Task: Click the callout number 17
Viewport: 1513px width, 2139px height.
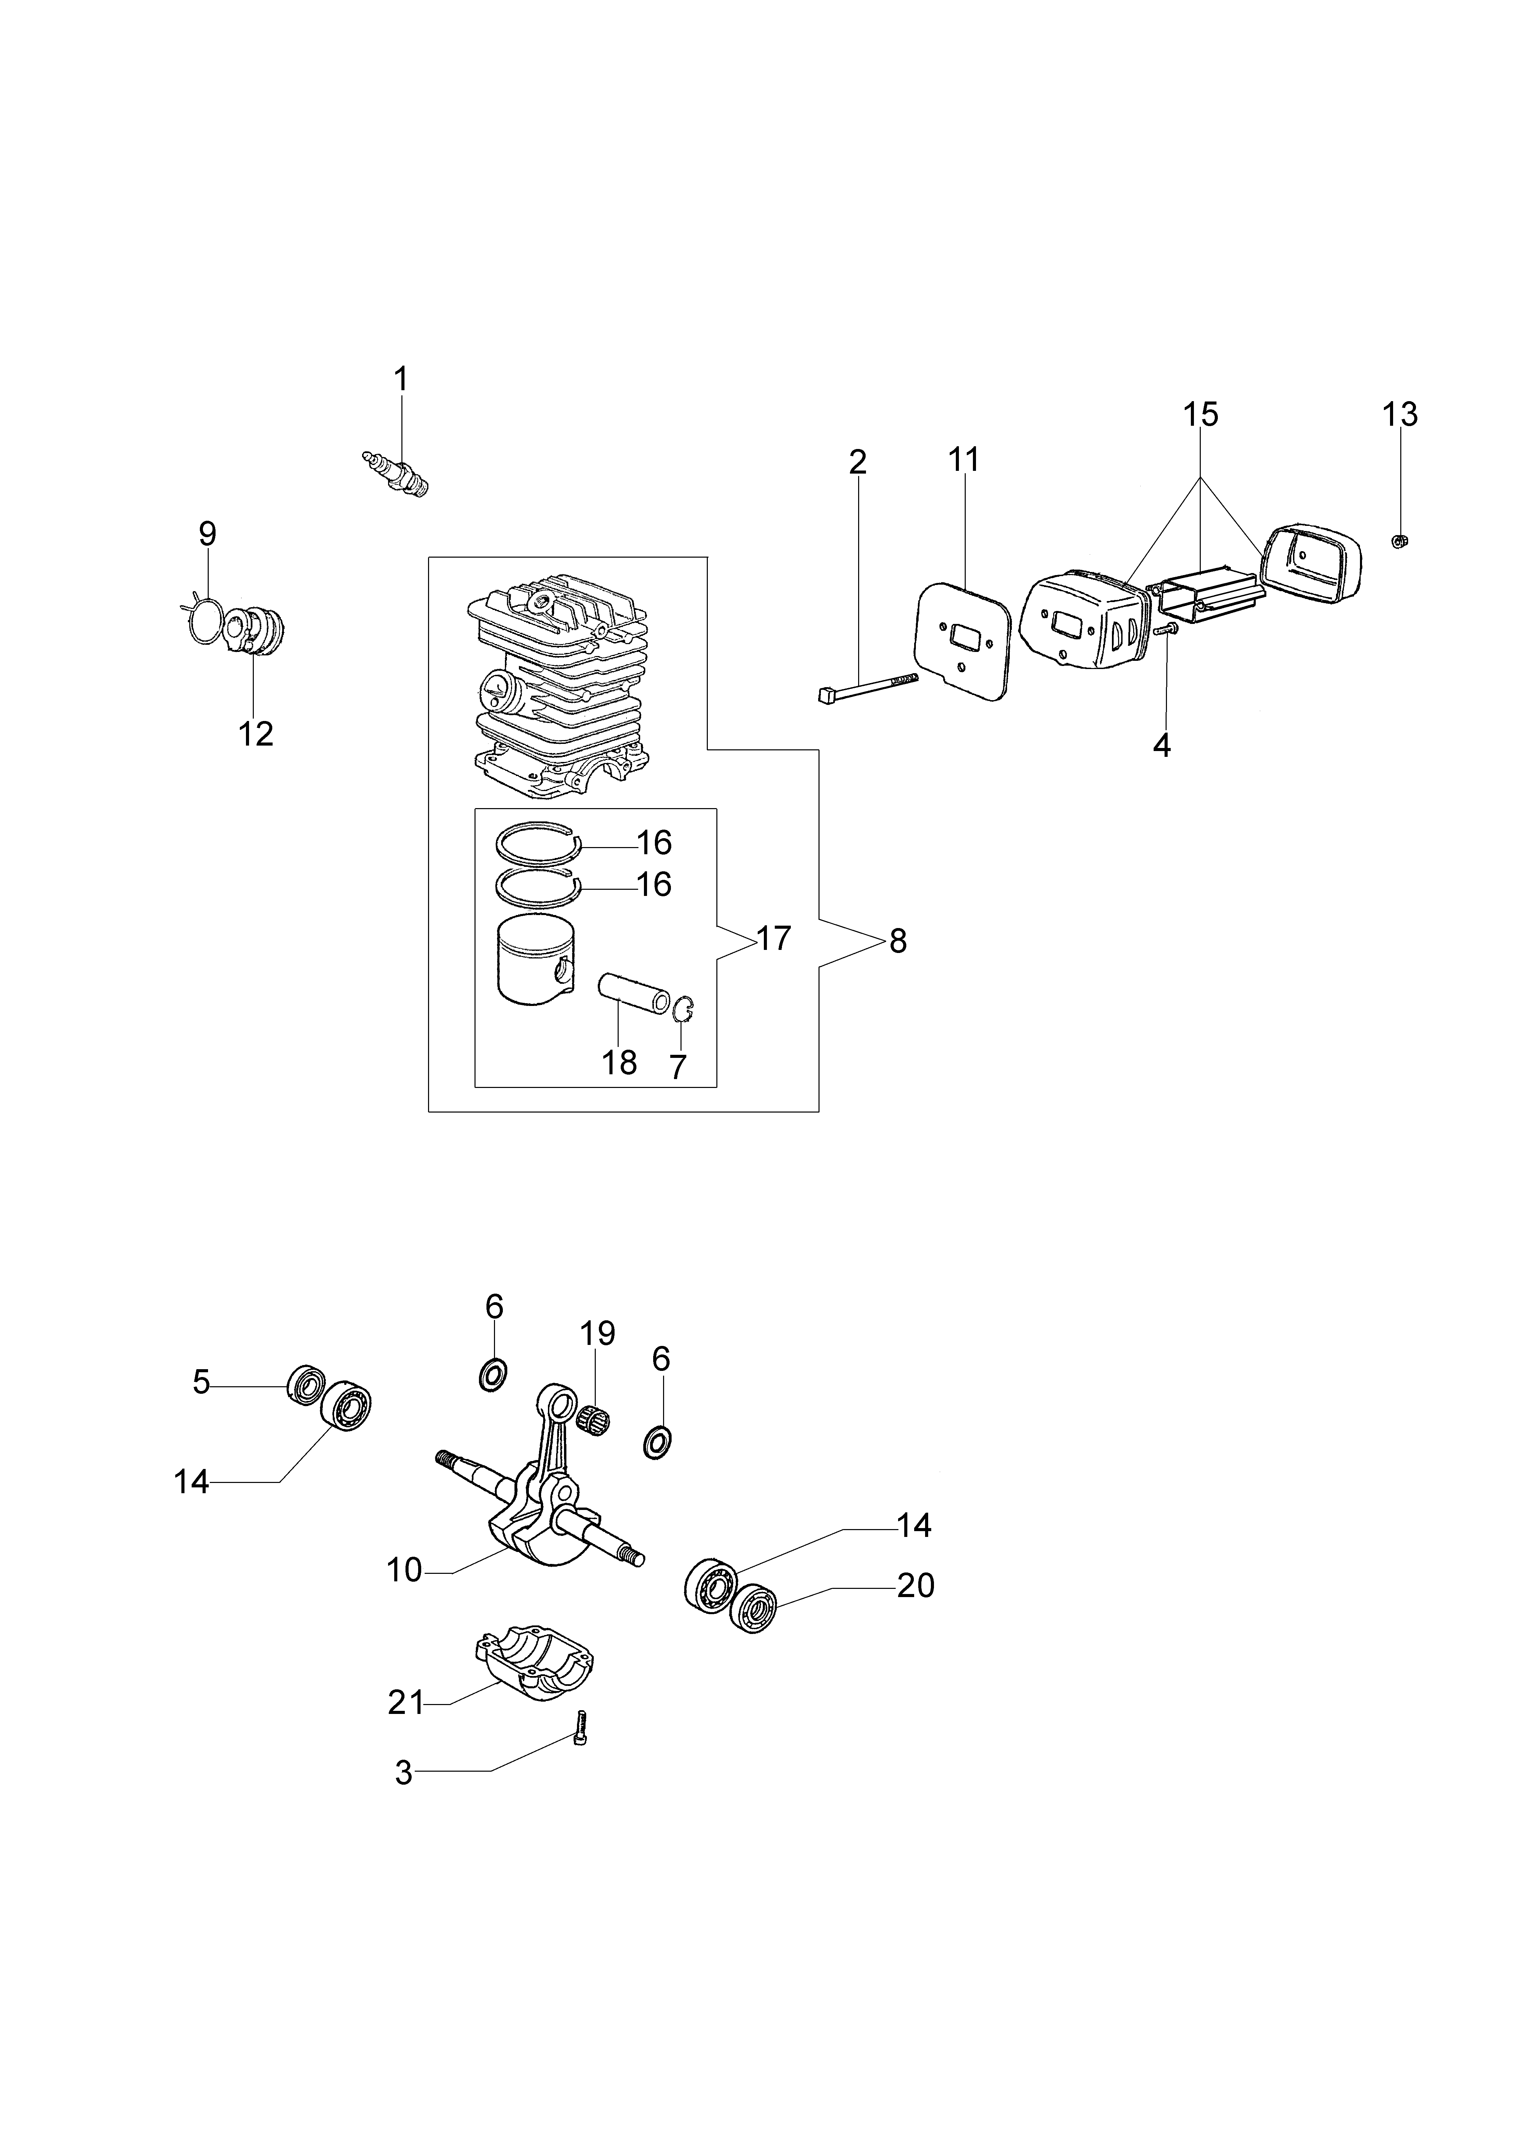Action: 773,938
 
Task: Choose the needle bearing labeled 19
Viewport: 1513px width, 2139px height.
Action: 595,1421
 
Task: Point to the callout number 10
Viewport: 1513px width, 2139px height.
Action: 404,1571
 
